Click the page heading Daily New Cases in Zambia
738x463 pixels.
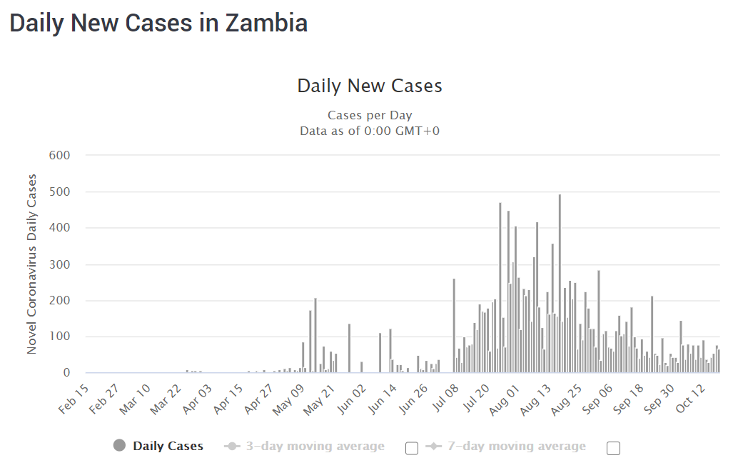pyautogui.click(x=158, y=24)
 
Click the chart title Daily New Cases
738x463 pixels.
pyautogui.click(x=370, y=86)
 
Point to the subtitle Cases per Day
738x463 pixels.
pyautogui.click(x=370, y=115)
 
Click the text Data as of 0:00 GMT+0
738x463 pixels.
pyautogui.click(x=370, y=130)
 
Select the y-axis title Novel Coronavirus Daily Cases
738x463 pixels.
pyautogui.click(x=32, y=264)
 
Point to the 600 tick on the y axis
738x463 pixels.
pyautogui.click(x=59, y=155)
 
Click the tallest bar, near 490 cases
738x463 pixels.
pyautogui.click(x=560, y=286)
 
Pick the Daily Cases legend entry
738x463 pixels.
pyautogui.click(x=168, y=447)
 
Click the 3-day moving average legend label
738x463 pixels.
pyautogui.click(x=315, y=447)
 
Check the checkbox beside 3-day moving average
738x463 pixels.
pyautogui.click(x=411, y=448)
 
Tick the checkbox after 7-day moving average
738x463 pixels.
pyautogui.click(x=613, y=448)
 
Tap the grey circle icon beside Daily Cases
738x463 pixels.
pyautogui.click(x=119, y=446)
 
